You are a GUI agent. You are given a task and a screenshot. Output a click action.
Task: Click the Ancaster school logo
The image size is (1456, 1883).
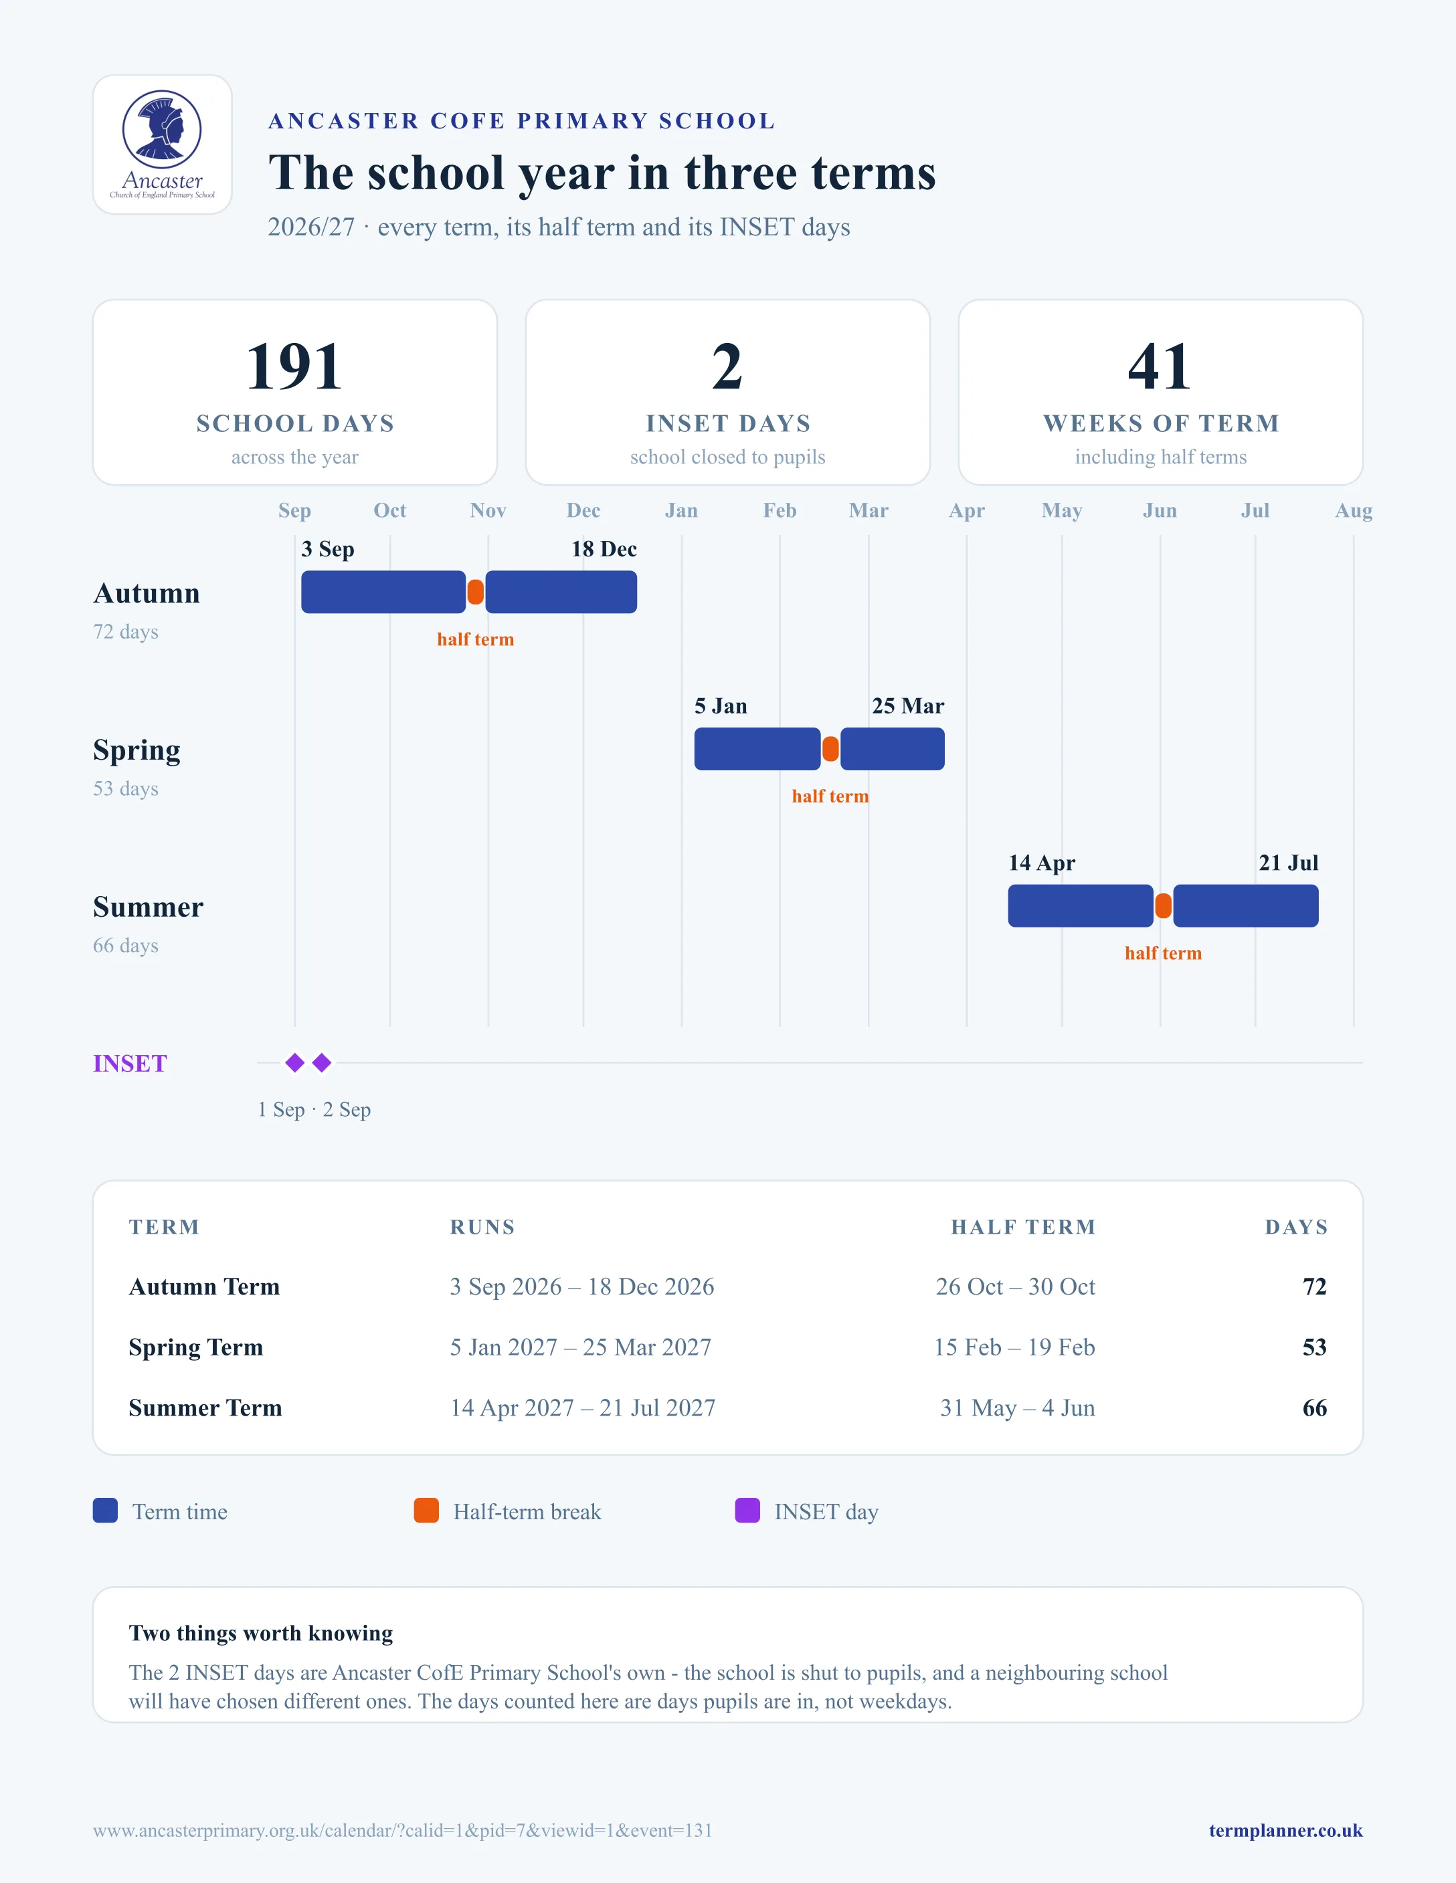(x=162, y=144)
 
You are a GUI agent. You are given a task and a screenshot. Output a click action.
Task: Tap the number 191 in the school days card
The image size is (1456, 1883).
(x=294, y=366)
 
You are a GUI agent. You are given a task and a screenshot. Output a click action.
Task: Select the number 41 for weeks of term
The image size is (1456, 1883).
(x=1160, y=366)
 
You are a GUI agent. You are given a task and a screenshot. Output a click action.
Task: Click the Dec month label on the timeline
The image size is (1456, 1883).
(x=583, y=510)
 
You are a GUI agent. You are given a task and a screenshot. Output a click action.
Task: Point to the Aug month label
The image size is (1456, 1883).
(x=1354, y=510)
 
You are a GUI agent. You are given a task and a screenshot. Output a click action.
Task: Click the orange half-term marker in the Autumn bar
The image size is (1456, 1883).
(x=475, y=592)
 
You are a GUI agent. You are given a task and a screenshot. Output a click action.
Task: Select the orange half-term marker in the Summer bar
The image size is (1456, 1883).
(x=1163, y=906)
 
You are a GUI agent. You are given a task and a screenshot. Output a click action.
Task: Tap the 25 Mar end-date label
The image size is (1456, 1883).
(x=907, y=706)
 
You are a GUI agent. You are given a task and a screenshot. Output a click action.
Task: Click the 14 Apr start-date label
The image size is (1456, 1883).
(x=1041, y=863)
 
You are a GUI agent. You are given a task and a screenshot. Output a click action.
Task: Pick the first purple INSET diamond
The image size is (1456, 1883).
(x=295, y=1063)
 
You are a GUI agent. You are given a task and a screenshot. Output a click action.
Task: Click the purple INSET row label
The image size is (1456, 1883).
(x=130, y=1063)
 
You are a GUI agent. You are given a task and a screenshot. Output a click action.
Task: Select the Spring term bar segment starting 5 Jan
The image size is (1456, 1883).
(x=757, y=749)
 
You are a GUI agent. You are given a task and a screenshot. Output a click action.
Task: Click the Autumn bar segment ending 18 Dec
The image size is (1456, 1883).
(x=561, y=592)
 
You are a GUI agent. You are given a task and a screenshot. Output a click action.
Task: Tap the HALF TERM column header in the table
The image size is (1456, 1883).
(x=1023, y=1227)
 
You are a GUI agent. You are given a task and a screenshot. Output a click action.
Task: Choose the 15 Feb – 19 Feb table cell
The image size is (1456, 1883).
(x=1014, y=1347)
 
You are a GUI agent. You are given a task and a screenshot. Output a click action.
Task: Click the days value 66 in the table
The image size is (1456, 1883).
(x=1315, y=1408)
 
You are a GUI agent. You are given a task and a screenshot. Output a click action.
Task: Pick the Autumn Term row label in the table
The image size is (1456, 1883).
(x=205, y=1287)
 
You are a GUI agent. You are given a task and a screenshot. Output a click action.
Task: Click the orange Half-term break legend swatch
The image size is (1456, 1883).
(x=426, y=1511)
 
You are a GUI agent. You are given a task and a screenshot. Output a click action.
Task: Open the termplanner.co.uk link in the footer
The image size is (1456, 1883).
(x=1285, y=1830)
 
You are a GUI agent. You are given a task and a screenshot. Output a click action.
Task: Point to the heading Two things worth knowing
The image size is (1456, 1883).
(x=260, y=1633)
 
